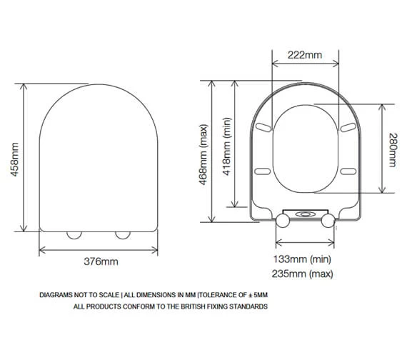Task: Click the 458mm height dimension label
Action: coord(15,159)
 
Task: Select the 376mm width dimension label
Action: coord(101,261)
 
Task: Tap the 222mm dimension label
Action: coord(305,55)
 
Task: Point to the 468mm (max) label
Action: coord(203,155)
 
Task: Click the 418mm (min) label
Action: coord(227,146)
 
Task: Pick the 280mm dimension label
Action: coord(393,150)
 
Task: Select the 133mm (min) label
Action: coord(302,259)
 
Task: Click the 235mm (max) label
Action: coord(303,274)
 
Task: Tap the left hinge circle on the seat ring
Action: coord(283,221)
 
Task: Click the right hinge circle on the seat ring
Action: coord(328,221)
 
